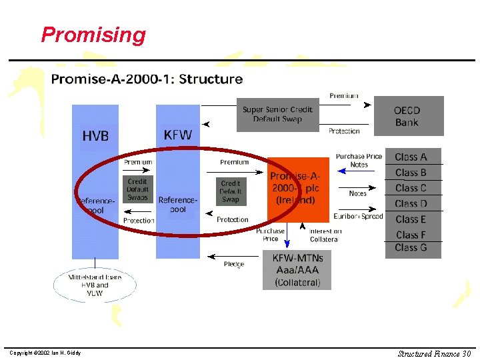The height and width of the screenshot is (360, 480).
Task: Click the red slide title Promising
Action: pyautogui.click(x=93, y=35)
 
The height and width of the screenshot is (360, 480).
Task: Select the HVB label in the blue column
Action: pyautogui.click(x=95, y=136)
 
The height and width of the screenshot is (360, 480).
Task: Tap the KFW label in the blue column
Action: pyautogui.click(x=177, y=135)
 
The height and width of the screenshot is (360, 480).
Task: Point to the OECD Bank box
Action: pyautogui.click(x=407, y=116)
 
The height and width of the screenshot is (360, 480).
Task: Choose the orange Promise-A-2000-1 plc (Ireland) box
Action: pyautogui.click(x=298, y=189)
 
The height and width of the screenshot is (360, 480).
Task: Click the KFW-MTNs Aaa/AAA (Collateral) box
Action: pyautogui.click(x=298, y=269)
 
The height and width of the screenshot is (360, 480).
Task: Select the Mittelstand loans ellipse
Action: pyautogui.click(x=95, y=285)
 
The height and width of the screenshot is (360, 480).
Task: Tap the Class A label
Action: pyautogui.click(x=411, y=157)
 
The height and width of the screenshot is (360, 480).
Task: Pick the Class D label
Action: pyautogui.click(x=411, y=203)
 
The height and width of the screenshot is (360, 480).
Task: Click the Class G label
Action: pyautogui.click(x=411, y=247)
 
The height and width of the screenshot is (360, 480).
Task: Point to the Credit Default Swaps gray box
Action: pyautogui.click(x=137, y=189)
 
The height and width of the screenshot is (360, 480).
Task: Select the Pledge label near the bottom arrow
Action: pyautogui.click(x=233, y=264)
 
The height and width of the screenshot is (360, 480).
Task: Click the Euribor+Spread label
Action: pyautogui.click(x=359, y=216)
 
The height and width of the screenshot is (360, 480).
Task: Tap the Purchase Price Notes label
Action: pyautogui.click(x=359, y=160)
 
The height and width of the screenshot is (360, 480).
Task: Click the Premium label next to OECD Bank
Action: pyautogui.click(x=343, y=96)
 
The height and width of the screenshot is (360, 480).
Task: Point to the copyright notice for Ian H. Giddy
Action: pyautogui.click(x=45, y=353)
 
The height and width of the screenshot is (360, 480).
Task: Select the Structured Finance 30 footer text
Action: pyautogui.click(x=434, y=353)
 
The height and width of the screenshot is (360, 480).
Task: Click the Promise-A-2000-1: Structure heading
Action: pyautogui.click(x=147, y=79)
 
